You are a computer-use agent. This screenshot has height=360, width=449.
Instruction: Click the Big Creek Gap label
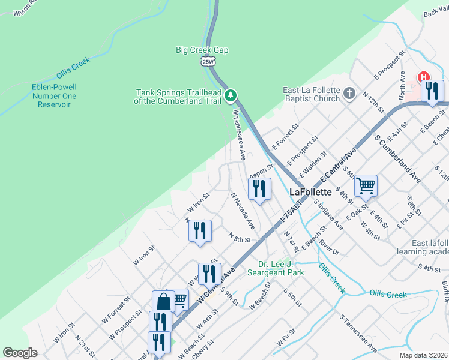pos(200,50)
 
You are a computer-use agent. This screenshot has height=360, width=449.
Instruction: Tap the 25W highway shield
pos(208,61)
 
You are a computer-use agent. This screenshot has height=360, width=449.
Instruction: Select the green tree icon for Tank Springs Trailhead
pos(231,95)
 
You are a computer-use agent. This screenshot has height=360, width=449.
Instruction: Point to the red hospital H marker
pos(424,77)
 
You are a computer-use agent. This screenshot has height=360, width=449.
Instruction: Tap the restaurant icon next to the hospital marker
pos(432,92)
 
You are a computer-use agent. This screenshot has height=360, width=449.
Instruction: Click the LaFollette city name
pos(310,192)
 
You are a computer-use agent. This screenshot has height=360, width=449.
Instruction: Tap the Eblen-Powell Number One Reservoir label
pos(54,95)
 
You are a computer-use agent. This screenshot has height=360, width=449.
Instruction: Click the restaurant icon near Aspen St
pos(259,189)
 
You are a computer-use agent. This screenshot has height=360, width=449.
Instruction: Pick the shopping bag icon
pos(163,302)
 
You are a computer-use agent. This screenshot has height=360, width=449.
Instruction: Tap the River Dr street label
pos(330,247)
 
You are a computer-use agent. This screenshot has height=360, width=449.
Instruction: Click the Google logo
pos(20,353)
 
